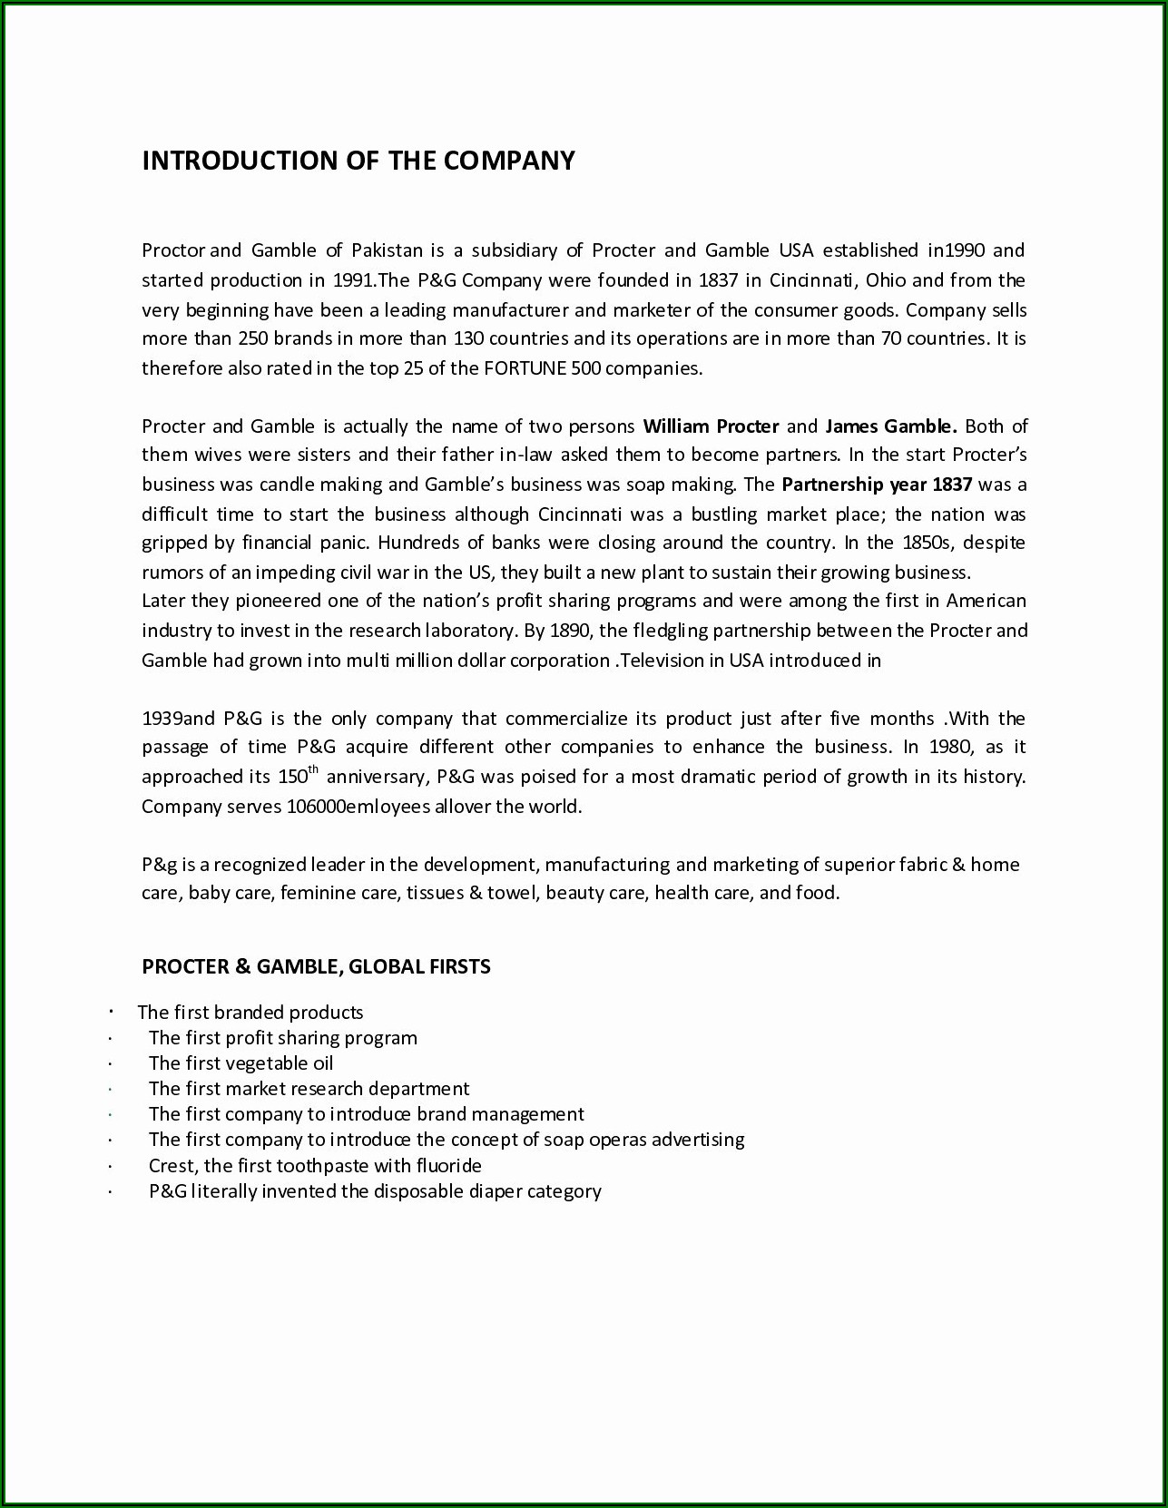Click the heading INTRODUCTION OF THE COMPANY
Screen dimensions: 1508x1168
358,161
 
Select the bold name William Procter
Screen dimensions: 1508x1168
711,426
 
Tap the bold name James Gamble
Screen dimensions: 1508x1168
890,426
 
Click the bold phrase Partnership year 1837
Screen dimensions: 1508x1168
876,485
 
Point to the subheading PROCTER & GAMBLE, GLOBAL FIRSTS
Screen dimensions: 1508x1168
316,966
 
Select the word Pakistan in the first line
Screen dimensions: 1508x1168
388,250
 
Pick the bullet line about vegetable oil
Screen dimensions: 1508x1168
240,1063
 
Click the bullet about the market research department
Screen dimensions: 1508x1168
309,1089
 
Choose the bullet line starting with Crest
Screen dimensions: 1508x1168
315,1166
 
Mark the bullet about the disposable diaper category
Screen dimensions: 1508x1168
375,1191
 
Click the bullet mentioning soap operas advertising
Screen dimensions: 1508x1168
447,1140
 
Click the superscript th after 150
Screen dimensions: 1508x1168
314,771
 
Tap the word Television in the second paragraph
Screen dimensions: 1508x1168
672,661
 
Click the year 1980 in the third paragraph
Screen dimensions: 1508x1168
949,748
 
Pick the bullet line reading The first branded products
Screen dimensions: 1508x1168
250,1013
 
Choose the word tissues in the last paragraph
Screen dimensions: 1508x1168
434,893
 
